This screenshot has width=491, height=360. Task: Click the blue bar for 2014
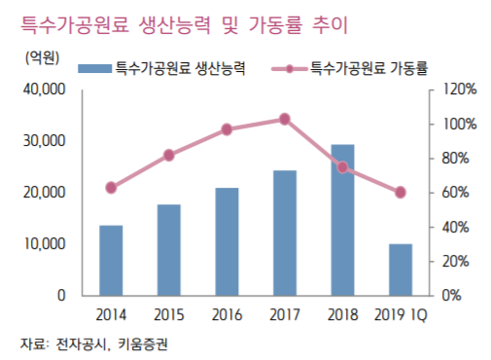click(111, 260)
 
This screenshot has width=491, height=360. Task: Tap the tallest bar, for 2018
click(342, 219)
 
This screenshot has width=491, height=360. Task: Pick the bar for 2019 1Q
click(401, 269)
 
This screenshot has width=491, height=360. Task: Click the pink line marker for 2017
click(284, 119)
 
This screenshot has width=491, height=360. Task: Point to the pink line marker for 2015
click(169, 155)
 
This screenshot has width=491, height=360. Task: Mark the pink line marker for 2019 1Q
click(401, 192)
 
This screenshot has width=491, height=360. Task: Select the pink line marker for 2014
click(111, 187)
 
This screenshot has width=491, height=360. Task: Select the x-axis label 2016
click(227, 314)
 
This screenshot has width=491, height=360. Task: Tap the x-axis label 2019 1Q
click(401, 314)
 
